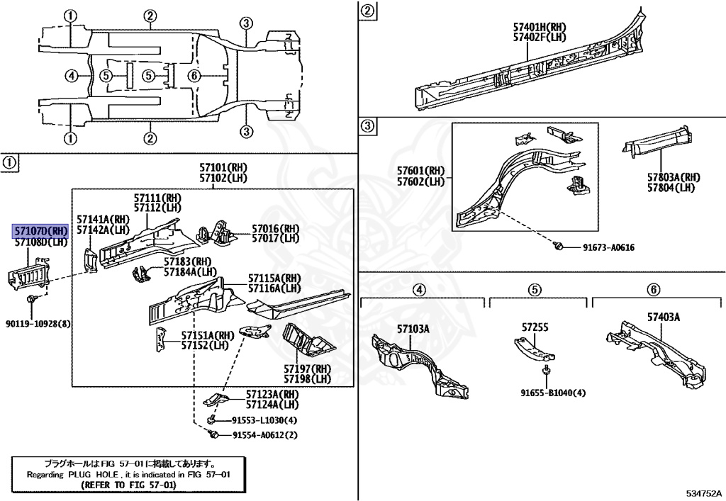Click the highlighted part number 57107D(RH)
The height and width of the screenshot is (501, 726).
coord(40,231)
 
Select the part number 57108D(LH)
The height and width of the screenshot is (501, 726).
coord(40,242)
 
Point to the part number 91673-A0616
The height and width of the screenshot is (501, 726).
coord(608,247)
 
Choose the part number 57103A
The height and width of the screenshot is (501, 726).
coord(413,329)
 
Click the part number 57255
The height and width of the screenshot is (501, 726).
coord(535,327)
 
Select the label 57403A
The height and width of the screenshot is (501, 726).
coord(663,317)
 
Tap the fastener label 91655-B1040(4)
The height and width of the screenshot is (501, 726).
coord(553,392)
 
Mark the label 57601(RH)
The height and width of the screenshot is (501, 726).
coord(420,171)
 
